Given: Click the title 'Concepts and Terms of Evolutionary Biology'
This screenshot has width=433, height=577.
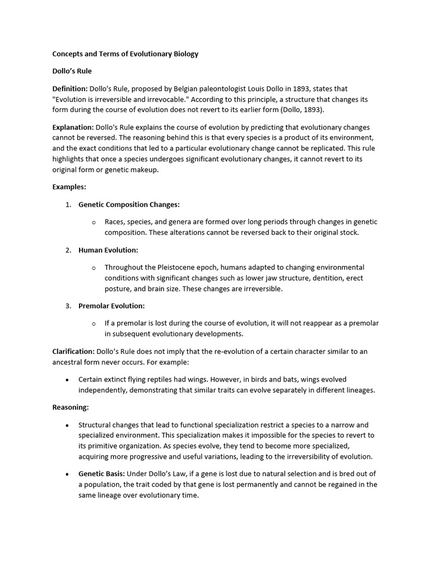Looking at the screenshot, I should [125, 54].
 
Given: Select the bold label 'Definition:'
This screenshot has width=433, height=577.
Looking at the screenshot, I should [70, 88].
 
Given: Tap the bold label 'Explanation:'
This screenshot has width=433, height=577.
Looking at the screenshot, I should [73, 127].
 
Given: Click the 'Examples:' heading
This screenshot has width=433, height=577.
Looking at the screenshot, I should [69, 187].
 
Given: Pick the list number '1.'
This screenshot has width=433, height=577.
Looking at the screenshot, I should [68, 205].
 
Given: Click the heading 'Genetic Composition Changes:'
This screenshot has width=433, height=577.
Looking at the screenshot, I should [129, 205].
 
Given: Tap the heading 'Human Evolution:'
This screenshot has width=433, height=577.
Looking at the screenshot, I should [108, 250].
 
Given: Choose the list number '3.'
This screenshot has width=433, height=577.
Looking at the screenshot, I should [68, 305].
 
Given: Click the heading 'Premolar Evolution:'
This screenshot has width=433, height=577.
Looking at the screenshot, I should [112, 305].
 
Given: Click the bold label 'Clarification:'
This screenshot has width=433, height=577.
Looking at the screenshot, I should [73, 351].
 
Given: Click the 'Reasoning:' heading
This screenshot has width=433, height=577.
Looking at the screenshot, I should [70, 407].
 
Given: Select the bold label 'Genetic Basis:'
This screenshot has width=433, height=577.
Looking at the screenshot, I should [101, 473].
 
